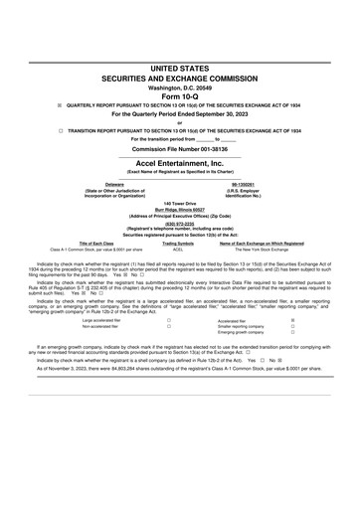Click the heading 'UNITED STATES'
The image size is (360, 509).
point(180,67)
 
